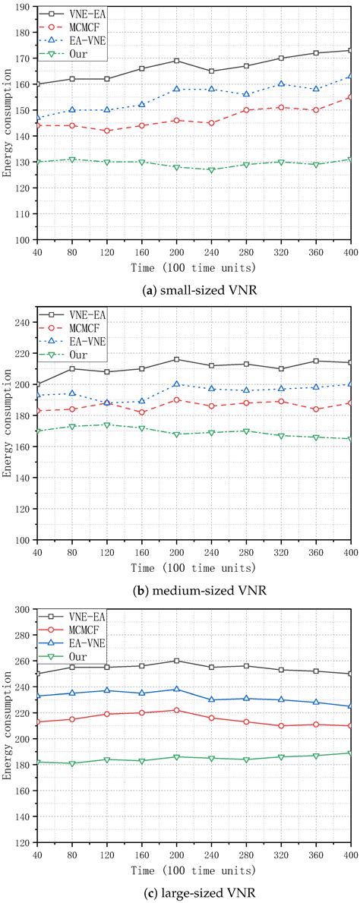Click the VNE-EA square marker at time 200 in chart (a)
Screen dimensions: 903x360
coord(176,61)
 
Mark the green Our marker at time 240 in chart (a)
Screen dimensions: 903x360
coord(212,169)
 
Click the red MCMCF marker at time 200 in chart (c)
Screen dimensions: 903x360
coord(176,710)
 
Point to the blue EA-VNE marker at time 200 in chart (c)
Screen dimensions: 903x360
coord(176,690)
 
